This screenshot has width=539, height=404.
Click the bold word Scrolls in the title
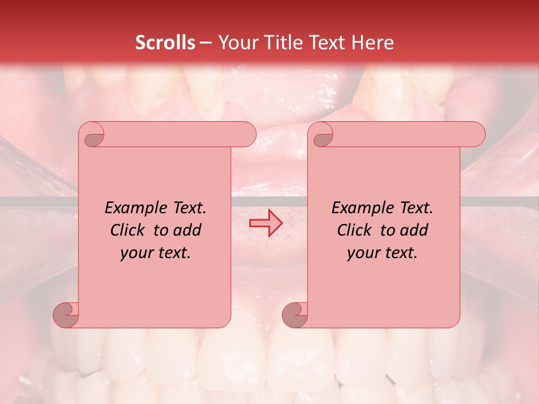coord(165,43)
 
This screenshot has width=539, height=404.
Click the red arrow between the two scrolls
coord(266,223)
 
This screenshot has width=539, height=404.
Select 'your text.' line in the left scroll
coord(156,253)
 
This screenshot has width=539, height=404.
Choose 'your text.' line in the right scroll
coord(382,253)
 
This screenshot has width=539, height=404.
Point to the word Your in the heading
coord(236,43)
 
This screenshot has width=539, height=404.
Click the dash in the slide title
coord(205,43)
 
